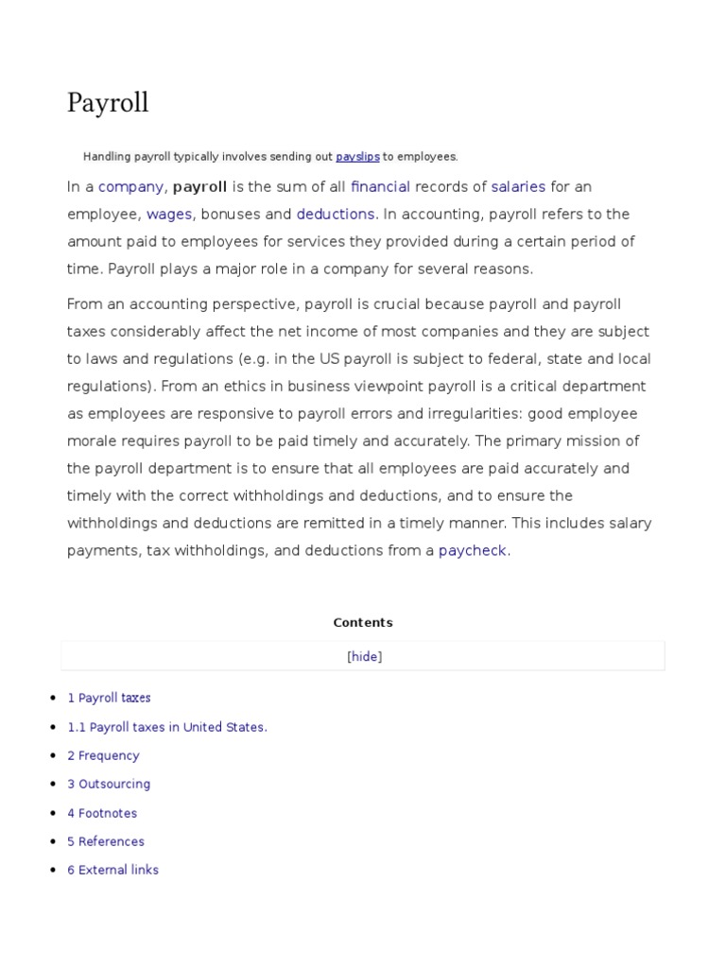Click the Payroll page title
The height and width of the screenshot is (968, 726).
click(x=108, y=103)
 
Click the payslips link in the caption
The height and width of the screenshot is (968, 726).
click(x=357, y=157)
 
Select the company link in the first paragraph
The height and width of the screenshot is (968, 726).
click(x=131, y=187)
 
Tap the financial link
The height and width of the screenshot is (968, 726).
click(x=380, y=187)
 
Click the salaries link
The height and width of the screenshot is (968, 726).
click(x=518, y=187)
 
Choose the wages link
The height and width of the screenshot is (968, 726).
click(x=169, y=215)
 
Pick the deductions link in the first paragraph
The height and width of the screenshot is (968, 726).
click(x=336, y=215)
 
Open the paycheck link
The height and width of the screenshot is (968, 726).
click(x=473, y=550)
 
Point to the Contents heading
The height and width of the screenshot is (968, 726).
click(x=363, y=623)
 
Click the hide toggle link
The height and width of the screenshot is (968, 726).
click(x=365, y=657)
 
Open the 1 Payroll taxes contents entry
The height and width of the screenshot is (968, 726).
click(x=109, y=699)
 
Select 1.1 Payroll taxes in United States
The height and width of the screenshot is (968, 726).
click(x=167, y=727)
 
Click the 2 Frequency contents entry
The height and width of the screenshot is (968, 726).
click(x=103, y=756)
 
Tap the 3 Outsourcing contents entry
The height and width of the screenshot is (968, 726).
click(x=109, y=785)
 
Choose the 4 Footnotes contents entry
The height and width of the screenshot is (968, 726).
click(x=102, y=813)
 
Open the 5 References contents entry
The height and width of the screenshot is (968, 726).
click(x=106, y=841)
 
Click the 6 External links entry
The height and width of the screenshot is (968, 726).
click(x=112, y=871)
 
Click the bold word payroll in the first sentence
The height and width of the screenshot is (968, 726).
click(x=199, y=187)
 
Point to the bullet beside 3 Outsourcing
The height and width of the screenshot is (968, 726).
click(x=53, y=785)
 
